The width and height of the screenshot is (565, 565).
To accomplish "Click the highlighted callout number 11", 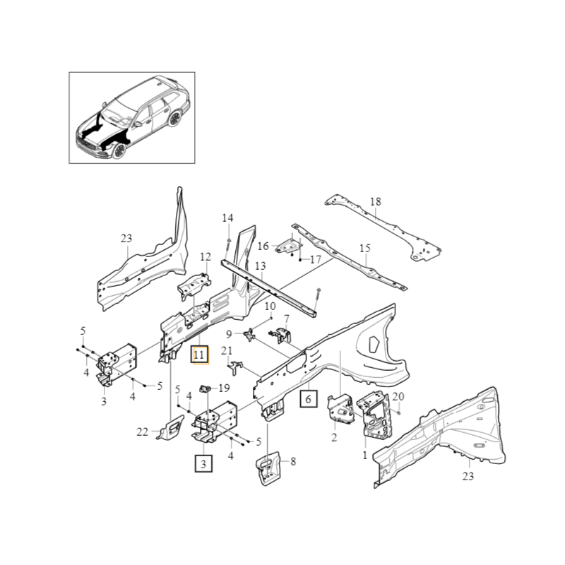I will tap(199, 355).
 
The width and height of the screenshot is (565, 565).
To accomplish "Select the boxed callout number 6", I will tap(308, 399).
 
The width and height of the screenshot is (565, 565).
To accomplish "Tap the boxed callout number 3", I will tap(203, 464).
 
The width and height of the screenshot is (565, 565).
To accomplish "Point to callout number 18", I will tap(375, 202).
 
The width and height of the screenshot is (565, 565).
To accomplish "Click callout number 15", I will tap(364, 249).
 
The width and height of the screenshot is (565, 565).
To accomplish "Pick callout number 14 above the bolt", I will tap(227, 218).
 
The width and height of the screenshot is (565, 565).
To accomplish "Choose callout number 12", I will tap(206, 257).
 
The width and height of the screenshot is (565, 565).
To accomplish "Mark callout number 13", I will tap(261, 266).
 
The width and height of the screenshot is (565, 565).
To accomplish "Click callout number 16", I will tap(263, 246).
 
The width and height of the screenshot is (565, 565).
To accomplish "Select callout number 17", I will tap(315, 260).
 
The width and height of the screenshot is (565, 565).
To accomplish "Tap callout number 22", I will tap(142, 432).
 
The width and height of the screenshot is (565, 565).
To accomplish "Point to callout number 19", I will tap(224, 388).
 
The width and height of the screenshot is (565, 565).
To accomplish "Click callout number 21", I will tap(227, 350).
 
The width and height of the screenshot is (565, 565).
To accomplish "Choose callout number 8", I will tap(293, 462).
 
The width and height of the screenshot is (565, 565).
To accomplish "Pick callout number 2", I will tap(334, 438).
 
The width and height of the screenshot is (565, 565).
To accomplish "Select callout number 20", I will tap(398, 396).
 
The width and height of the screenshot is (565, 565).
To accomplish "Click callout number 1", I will tap(364, 456).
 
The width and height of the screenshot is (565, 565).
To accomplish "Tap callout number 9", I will tap(230, 333).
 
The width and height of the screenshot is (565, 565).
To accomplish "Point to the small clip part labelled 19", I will tap(207, 388).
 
